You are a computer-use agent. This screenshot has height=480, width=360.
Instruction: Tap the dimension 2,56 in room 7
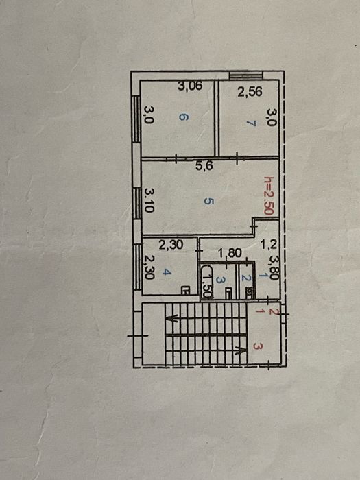250,93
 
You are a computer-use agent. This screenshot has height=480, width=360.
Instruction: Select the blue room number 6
182,117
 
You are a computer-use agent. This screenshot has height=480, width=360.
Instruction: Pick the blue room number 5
208,202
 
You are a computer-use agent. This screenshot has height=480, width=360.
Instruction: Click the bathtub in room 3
206,280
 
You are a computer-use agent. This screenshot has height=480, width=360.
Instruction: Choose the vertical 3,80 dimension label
274,267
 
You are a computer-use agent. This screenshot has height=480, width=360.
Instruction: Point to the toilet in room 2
246,290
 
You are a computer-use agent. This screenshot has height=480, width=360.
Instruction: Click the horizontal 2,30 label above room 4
171,243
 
